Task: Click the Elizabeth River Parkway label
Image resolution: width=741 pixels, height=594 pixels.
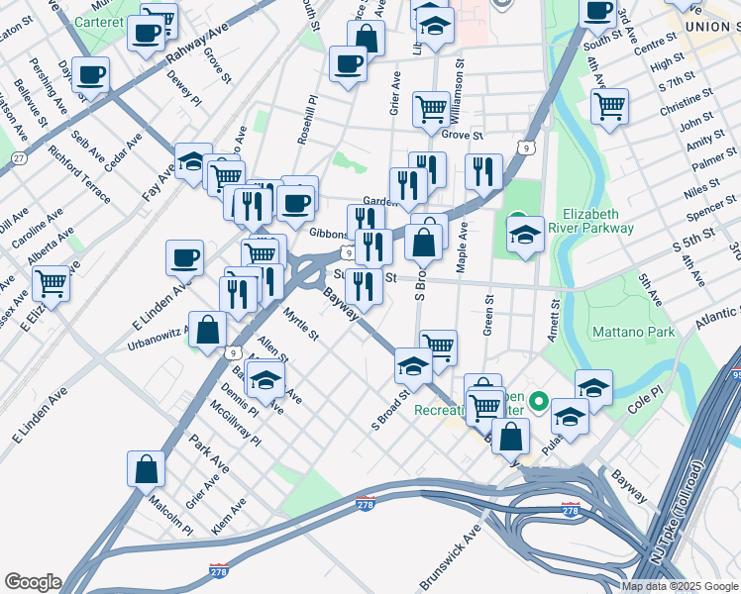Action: point(596,221)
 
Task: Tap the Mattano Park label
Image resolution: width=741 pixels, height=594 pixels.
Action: point(632,331)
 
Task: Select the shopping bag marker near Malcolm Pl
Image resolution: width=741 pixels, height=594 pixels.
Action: point(146,471)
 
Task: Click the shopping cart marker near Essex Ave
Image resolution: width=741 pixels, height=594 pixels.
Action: point(51,283)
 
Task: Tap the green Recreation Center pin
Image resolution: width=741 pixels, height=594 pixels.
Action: point(539,402)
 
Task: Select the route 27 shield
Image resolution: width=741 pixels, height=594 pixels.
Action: point(19,158)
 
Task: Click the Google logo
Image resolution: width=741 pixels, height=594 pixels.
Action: point(33,582)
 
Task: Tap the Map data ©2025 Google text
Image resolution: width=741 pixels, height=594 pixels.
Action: point(679,586)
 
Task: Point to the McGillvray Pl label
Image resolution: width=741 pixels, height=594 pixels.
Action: point(235,422)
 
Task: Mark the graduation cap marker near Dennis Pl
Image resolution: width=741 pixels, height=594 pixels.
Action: point(265,380)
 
